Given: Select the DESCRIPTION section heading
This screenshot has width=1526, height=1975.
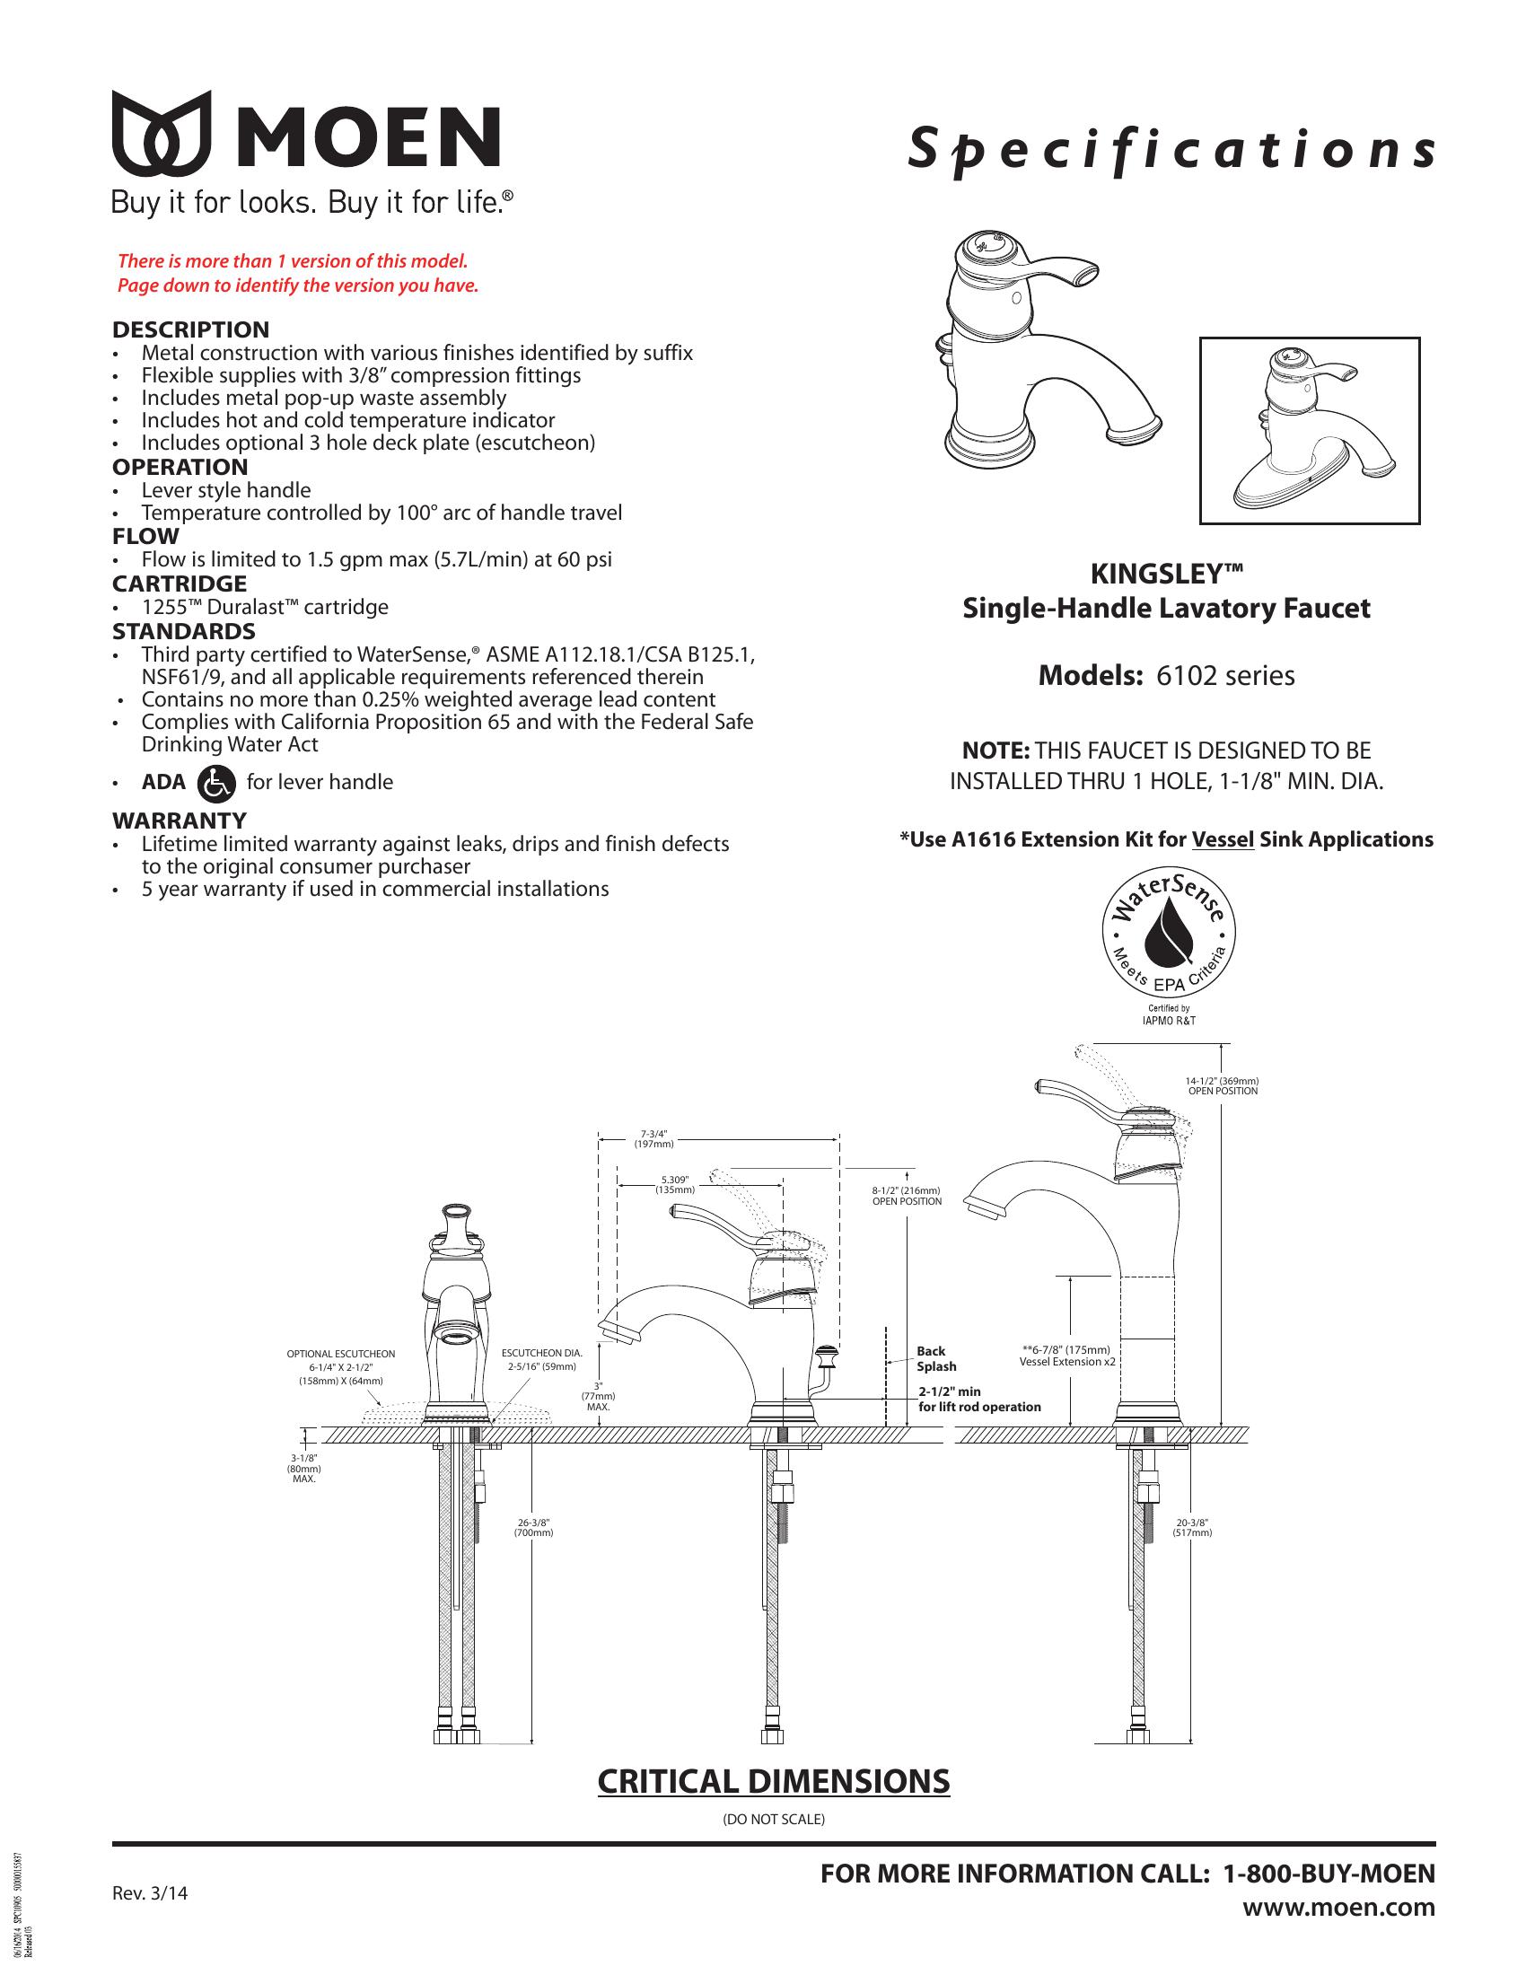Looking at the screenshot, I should coord(190,329).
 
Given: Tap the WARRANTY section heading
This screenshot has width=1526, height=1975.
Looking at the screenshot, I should coord(179,821).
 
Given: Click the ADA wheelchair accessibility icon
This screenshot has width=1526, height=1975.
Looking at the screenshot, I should coord(216,782).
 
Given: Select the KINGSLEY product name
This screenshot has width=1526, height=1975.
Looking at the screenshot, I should coord(1166,575).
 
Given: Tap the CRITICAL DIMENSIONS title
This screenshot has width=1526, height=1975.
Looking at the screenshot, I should coord(774,1780).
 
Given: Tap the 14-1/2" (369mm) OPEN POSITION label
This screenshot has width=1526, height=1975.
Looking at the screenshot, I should coord(1222,1085).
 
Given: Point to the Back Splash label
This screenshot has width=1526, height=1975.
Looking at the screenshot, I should coord(935,1358).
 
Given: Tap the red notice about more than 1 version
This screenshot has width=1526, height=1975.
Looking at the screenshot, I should coord(297,274).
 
